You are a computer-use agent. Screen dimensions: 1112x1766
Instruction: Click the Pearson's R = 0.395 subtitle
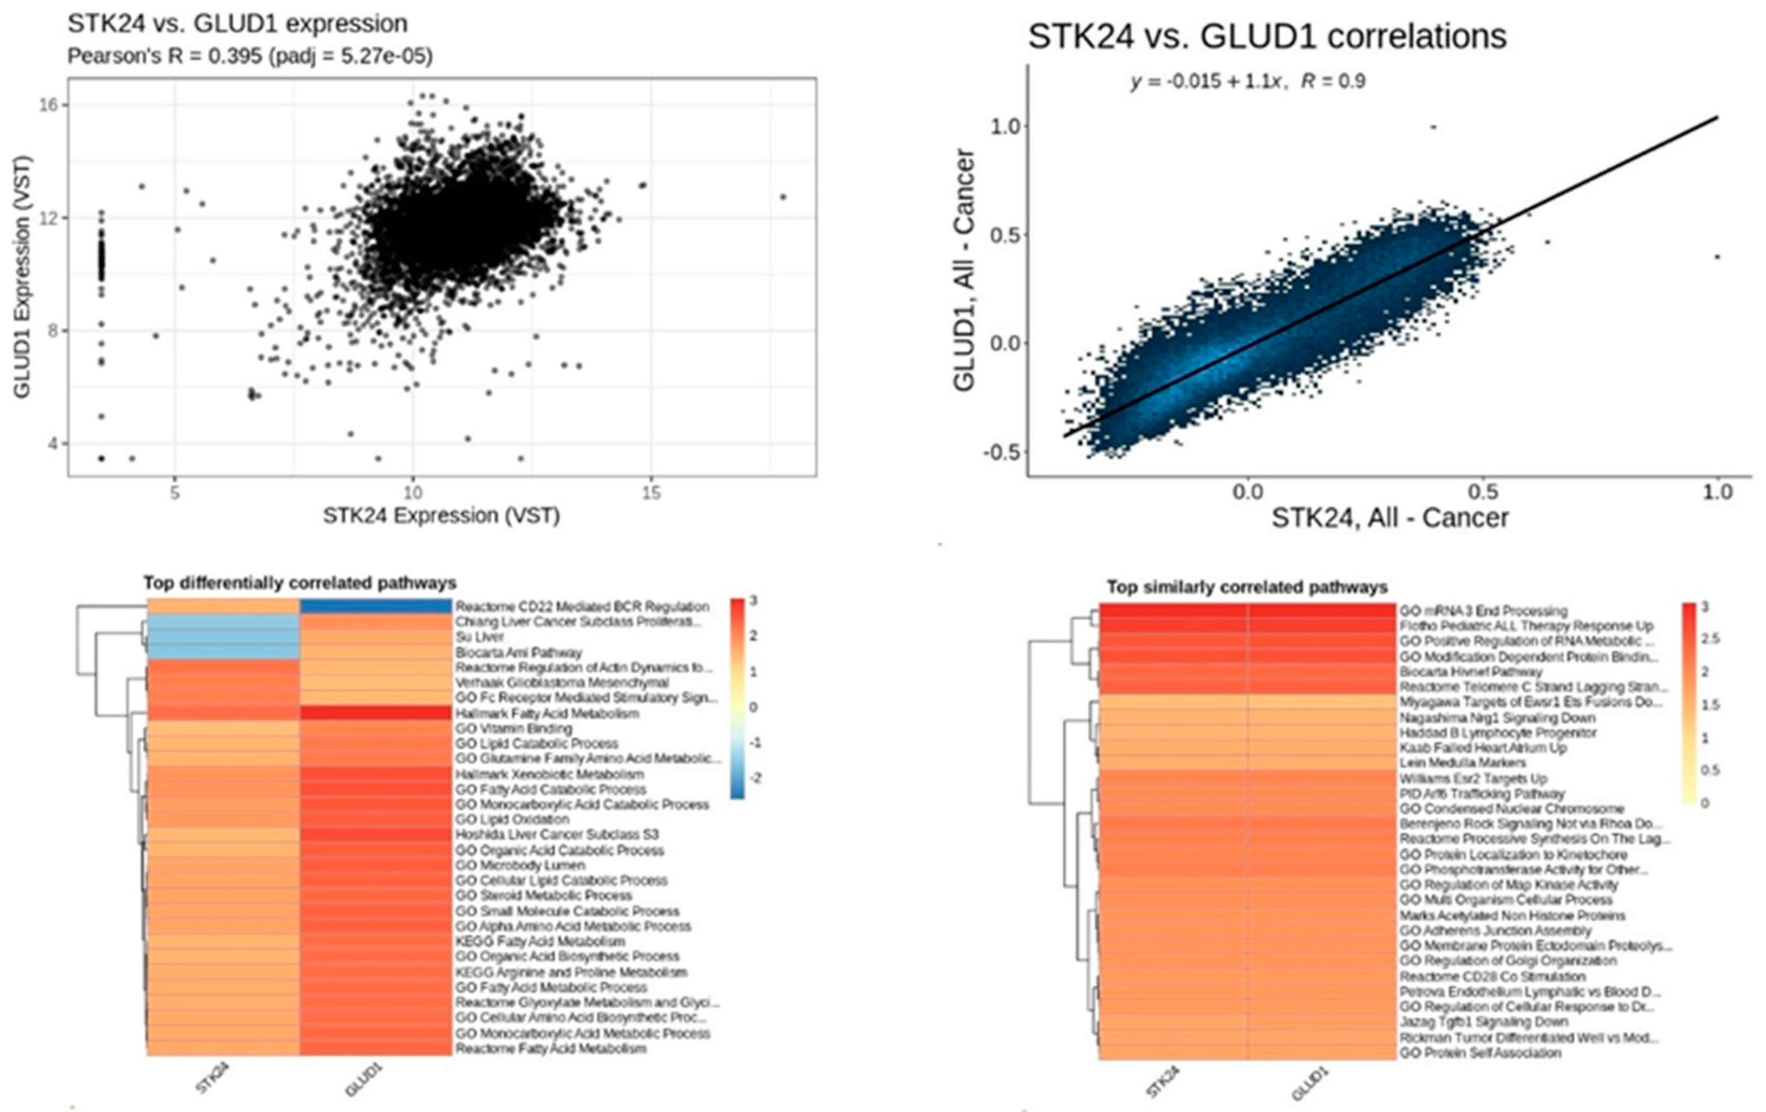249,56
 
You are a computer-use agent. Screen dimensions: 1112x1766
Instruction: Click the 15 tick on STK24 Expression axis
650,493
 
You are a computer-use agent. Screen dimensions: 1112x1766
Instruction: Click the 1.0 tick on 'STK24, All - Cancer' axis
1717,492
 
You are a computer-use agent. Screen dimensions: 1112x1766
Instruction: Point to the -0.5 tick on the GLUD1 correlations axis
1002,452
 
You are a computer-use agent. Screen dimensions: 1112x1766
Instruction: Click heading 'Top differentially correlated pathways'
299,583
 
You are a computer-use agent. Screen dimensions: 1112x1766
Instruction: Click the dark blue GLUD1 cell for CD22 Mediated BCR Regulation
376,606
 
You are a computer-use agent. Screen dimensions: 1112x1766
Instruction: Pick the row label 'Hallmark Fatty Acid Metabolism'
546,713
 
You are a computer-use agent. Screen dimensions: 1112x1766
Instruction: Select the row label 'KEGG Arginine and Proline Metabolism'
570,972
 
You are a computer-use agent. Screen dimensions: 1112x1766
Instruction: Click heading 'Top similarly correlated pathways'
1247,588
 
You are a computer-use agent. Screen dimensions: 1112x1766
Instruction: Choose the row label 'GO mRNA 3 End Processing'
1483,610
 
